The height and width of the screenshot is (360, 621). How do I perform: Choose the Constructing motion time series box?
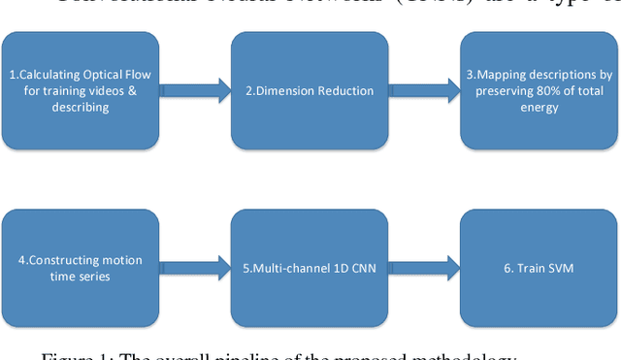tap(81, 268)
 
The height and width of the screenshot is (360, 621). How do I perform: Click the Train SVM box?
tap(539, 268)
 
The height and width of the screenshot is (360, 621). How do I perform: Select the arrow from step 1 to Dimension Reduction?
tap(195, 90)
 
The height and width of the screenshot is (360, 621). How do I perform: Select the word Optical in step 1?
tap(105, 74)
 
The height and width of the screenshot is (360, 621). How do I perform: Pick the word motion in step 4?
tap(114, 260)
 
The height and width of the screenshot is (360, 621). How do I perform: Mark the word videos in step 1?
tap(109, 91)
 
